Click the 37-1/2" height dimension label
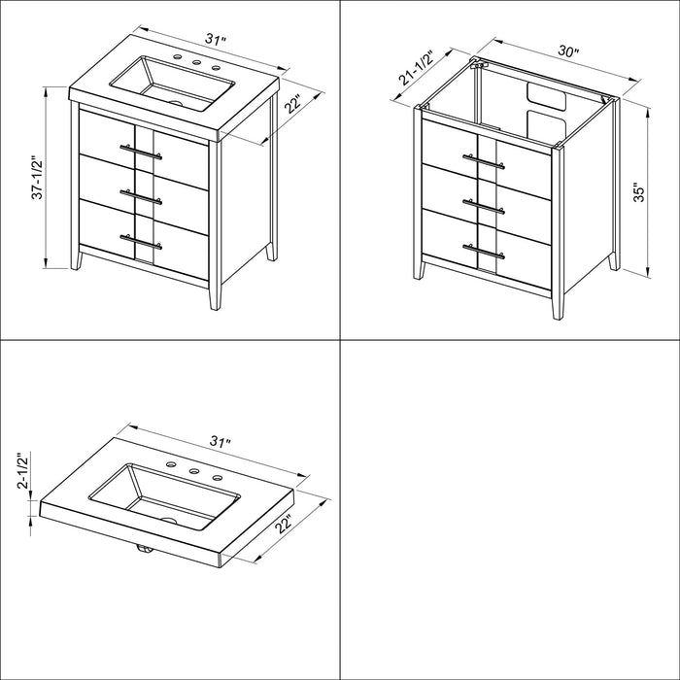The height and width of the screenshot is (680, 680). click(38, 178)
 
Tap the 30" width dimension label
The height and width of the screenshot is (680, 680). click(568, 51)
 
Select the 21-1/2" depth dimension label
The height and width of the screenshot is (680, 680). click(417, 68)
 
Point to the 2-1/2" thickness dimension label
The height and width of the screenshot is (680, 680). click(23, 471)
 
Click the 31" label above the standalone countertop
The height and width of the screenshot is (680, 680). click(221, 442)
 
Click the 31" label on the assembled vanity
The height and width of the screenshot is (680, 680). click(216, 40)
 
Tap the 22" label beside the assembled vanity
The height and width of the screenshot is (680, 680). click(294, 104)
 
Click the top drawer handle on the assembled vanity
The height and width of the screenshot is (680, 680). click(141, 152)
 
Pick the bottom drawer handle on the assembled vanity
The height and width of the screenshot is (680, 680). click(141, 242)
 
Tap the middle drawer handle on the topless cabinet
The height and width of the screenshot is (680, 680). click(484, 206)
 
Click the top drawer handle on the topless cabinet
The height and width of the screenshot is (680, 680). click(484, 160)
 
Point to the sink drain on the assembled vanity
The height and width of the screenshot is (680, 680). click(177, 104)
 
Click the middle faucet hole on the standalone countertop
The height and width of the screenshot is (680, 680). click(193, 471)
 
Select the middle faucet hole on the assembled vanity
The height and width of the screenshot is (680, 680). click(197, 62)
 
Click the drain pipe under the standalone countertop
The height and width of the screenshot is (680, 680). click(145, 549)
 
